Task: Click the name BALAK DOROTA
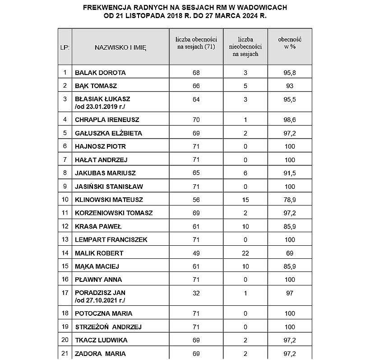(100, 72)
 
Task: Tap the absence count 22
(245, 253)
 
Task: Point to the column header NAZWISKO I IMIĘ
(120, 47)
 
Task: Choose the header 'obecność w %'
(290, 43)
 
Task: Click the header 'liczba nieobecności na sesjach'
(245, 47)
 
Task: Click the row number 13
(65, 239)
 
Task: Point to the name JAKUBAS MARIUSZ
(105, 173)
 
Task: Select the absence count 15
(245, 200)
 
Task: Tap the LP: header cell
(65, 47)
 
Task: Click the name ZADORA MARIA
(100, 353)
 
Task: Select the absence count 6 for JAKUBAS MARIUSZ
(245, 173)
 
